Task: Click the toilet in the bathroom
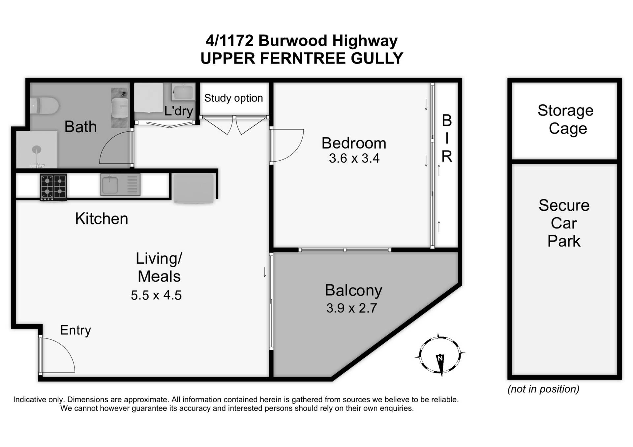click(x=45, y=106)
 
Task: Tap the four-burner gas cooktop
click(x=53, y=187)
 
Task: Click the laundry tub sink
click(x=183, y=92)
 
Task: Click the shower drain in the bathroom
click(x=37, y=150)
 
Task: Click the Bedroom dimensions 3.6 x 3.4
click(x=354, y=158)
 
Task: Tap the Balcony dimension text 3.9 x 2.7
click(x=351, y=308)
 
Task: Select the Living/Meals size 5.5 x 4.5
click(x=156, y=295)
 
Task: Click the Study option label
click(x=233, y=98)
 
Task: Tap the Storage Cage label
click(x=566, y=119)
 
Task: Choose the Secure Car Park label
click(x=564, y=223)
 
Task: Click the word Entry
click(x=75, y=330)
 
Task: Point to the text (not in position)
click(x=543, y=389)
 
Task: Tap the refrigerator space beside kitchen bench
click(x=194, y=188)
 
